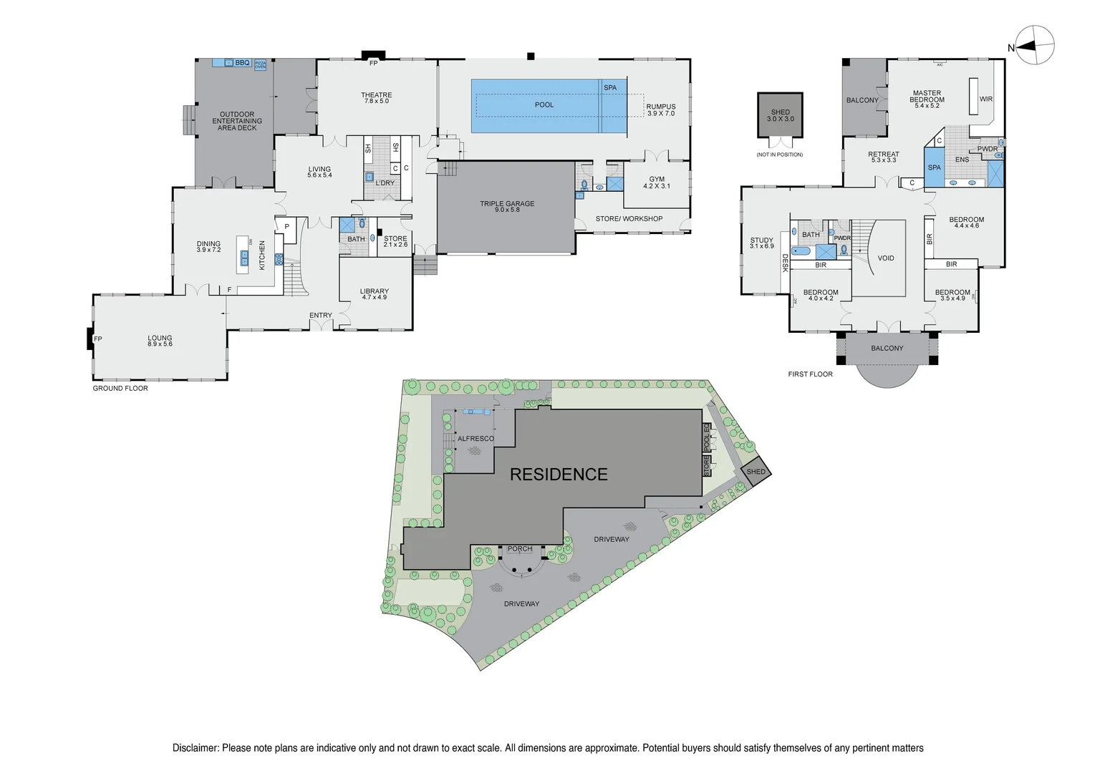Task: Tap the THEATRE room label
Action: point(376,95)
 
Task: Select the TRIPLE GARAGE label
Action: point(507,204)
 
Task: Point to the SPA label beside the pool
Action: point(610,88)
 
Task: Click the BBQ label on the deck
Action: point(242,63)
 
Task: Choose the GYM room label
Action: point(657,180)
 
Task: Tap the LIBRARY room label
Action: point(374,291)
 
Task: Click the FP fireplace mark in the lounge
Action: point(98,339)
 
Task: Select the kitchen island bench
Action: point(243,254)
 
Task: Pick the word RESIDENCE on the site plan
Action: point(559,475)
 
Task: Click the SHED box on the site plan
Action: point(756,471)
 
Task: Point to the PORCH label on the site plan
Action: point(520,549)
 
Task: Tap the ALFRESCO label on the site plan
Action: point(476,439)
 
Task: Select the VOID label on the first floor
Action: point(886,258)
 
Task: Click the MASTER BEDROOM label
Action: point(927,97)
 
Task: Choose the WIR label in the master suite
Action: point(986,99)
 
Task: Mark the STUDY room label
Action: point(761,240)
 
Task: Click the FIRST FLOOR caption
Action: point(810,374)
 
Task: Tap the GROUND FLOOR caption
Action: point(120,389)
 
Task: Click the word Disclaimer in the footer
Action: point(196,748)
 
